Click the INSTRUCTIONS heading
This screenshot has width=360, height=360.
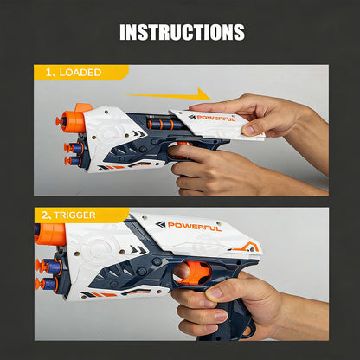[x=181, y=33]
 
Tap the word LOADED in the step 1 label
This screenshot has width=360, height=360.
[x=80, y=73]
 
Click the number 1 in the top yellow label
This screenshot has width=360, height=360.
[x=49, y=73]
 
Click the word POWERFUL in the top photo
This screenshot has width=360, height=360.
[x=215, y=118]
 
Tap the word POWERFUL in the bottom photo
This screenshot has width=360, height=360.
[x=194, y=227]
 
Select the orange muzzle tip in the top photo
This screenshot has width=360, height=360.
[x=82, y=109]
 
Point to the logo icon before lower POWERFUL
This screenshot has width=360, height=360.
[x=160, y=225]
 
